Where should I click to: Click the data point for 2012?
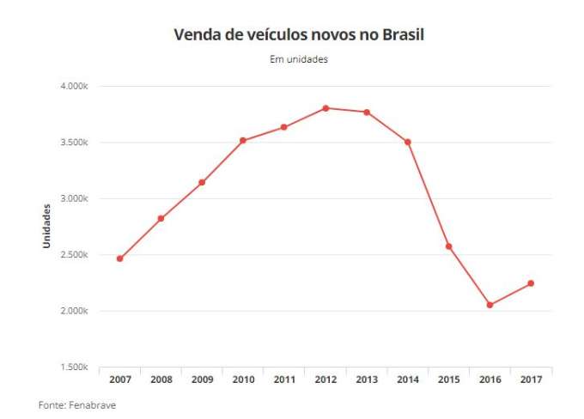(325, 108)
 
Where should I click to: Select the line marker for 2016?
(490, 305)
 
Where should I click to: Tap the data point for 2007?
(120, 258)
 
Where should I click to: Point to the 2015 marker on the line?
(448, 246)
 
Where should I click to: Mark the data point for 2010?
(243, 140)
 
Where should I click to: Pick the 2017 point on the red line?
(531, 283)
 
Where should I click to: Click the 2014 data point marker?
(408, 142)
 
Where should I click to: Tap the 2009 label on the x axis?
(202, 380)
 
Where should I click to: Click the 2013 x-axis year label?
(367, 380)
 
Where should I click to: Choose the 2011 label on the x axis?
(284, 380)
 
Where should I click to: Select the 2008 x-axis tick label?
(161, 380)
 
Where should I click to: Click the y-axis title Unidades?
(48, 227)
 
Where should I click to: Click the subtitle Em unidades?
(299, 60)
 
